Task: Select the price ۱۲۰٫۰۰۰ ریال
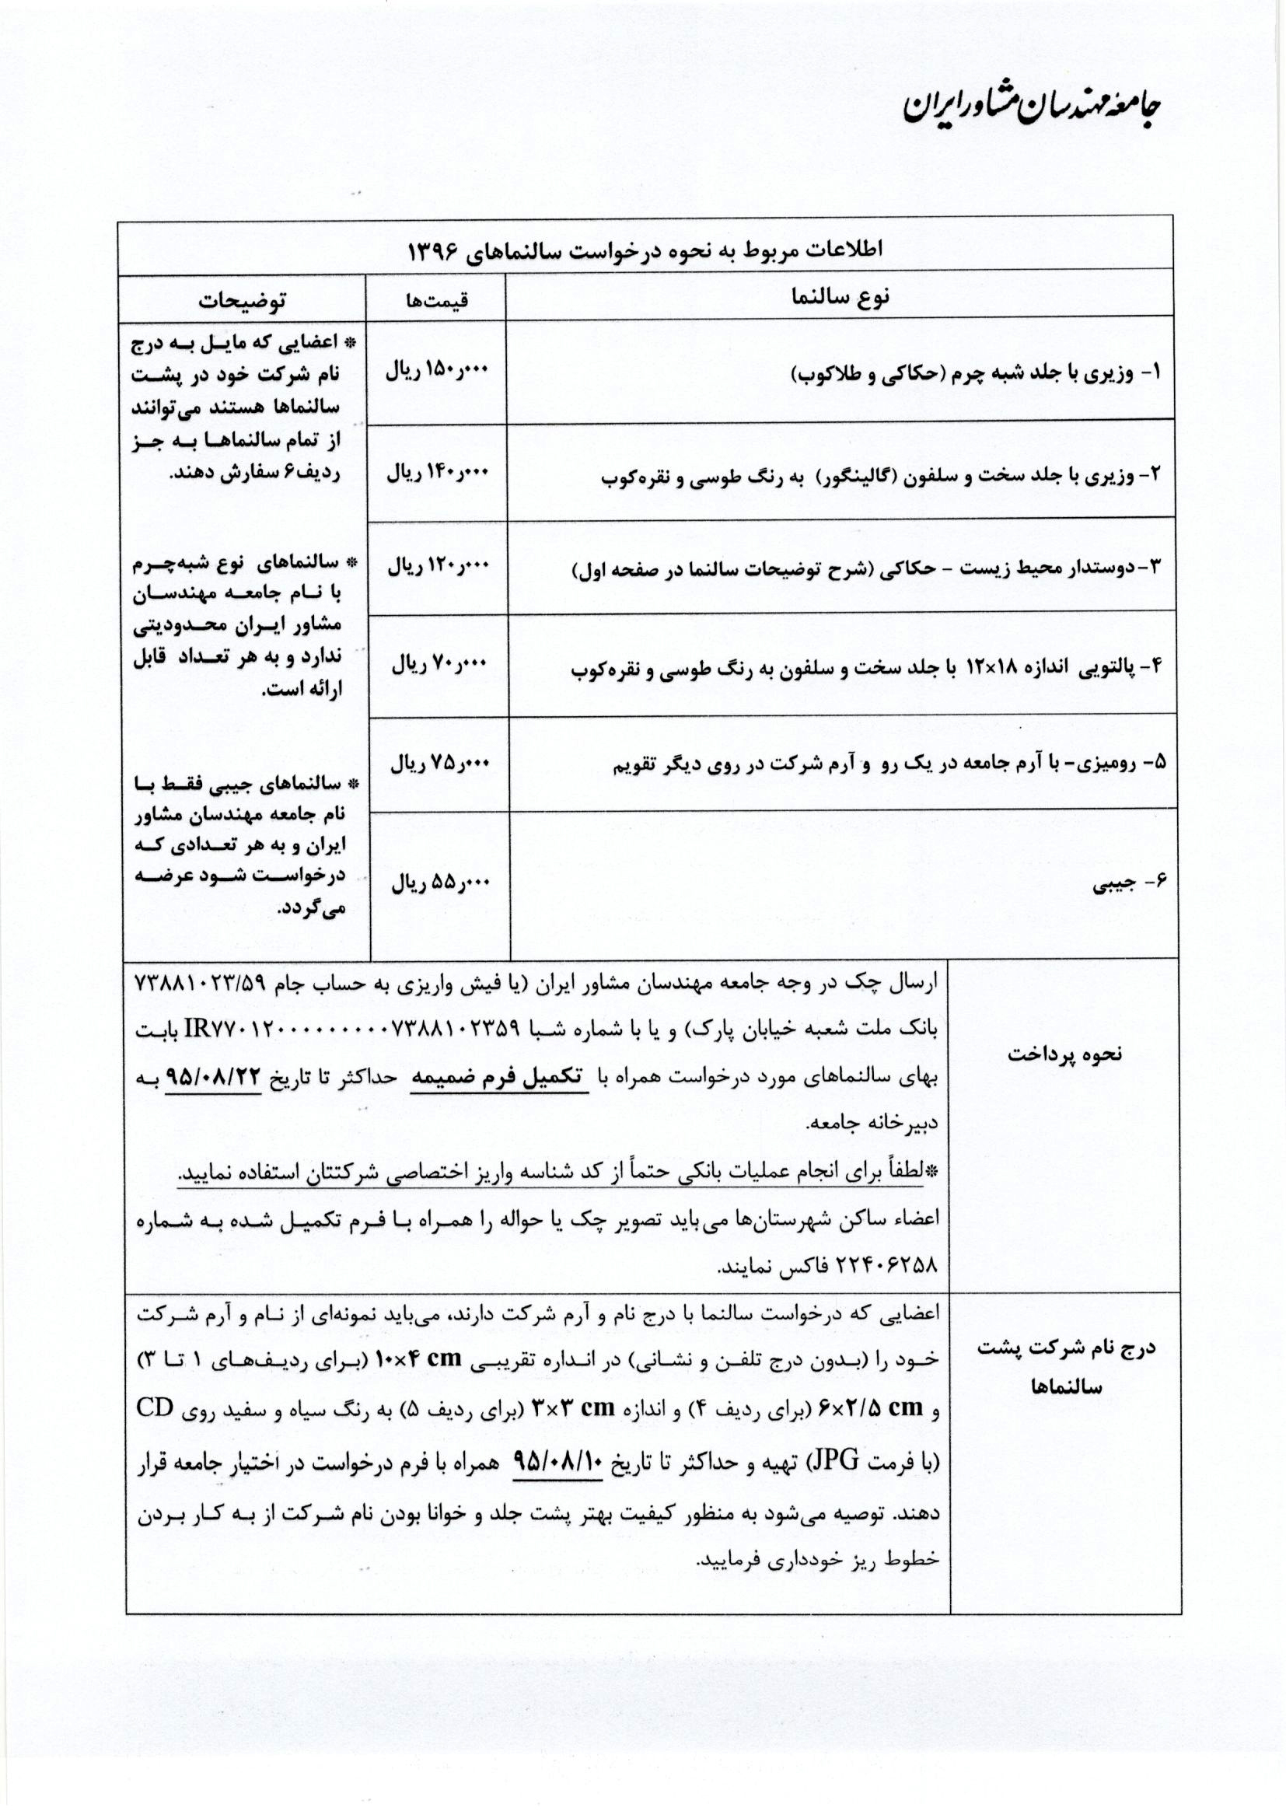[x=438, y=567]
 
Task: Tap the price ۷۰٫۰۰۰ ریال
[x=441, y=665]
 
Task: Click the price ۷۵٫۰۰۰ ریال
[x=441, y=764]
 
